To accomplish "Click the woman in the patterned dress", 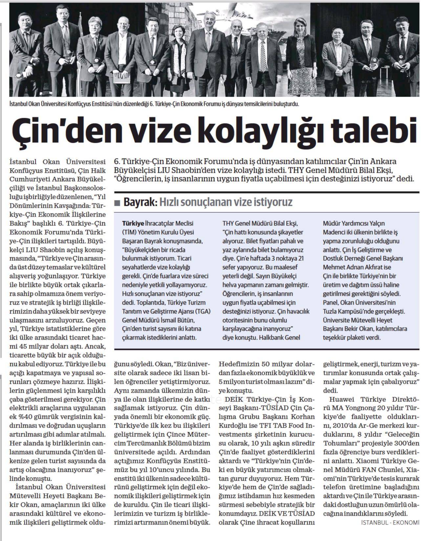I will [298, 59].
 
